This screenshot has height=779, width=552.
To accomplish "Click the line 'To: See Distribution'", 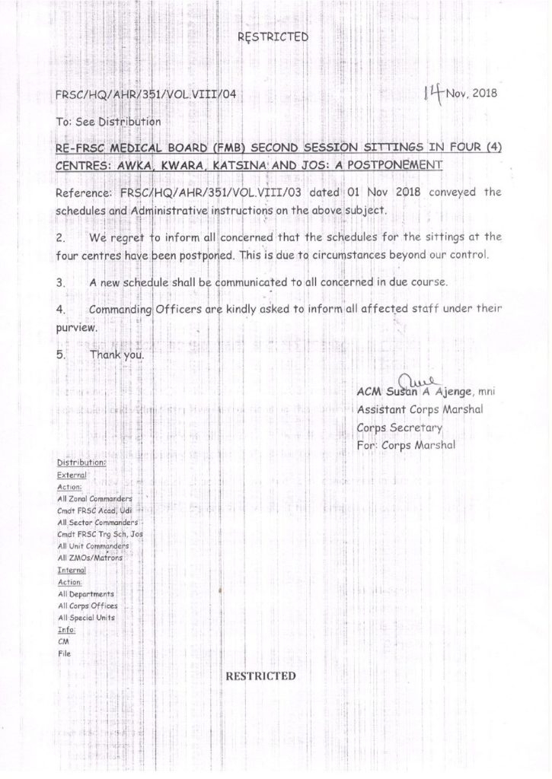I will [x=108, y=121].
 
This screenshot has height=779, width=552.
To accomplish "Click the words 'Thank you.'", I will [x=116, y=355].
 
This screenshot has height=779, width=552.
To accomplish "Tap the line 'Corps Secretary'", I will [x=400, y=428].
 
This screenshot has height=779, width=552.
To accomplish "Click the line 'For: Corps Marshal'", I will [x=406, y=446].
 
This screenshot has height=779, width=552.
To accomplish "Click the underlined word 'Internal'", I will [x=72, y=570].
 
